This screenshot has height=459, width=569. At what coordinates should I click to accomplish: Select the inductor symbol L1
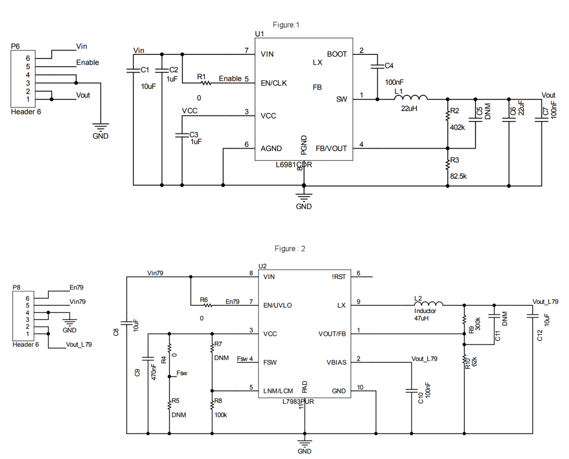(411, 98)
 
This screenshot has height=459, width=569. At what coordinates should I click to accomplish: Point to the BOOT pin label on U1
(337, 55)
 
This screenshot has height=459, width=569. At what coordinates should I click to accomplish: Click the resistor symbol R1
(205, 83)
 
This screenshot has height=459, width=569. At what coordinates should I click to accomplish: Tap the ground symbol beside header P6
(100, 128)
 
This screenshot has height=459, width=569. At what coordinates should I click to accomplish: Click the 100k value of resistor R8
(220, 415)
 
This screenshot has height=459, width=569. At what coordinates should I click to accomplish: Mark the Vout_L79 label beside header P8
(79, 345)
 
